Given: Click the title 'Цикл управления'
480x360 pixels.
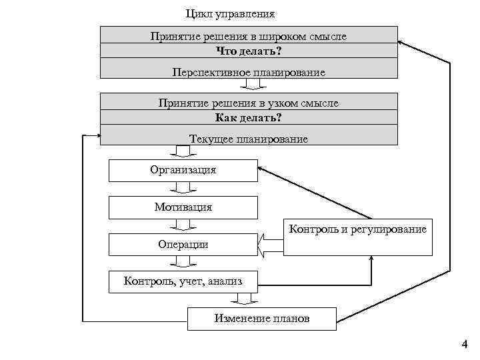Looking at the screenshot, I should [230, 13].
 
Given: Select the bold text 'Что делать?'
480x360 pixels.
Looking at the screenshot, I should [249, 51].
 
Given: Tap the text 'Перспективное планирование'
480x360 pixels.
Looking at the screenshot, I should [249, 71].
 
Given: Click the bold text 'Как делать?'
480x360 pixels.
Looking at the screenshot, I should [249, 118].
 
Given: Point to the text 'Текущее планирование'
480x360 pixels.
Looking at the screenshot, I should [249, 139].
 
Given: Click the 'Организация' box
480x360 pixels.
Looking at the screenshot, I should [183, 171].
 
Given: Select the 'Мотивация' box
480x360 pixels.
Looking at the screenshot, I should [183, 207].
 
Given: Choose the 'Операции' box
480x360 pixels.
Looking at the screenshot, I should [183, 245].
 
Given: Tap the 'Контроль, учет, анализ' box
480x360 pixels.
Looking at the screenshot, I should [183, 281].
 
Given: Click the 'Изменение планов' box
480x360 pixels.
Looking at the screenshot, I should [262, 319].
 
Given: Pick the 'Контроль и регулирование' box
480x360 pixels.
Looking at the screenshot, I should [357, 237].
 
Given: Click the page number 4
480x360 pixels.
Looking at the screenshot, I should [465, 345].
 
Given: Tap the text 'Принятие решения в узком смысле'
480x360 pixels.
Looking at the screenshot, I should [249, 103].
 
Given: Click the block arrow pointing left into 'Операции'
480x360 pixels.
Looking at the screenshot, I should [270, 245].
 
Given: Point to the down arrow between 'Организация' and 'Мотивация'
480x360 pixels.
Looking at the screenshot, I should [183, 189].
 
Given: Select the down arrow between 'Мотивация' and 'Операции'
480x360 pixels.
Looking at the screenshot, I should [183, 226].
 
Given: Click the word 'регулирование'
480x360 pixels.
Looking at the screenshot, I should [395, 229].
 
